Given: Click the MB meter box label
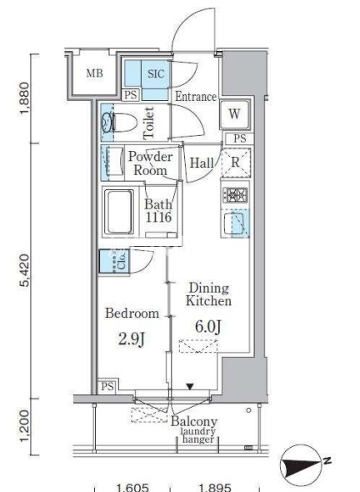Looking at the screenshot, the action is [x=94, y=73].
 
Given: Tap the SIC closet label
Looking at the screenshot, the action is [x=156, y=73].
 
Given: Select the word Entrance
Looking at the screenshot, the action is [x=196, y=97].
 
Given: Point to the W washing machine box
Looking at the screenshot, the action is [x=234, y=114].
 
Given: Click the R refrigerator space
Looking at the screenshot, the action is [x=236, y=163].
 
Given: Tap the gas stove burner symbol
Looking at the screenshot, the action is [x=235, y=195].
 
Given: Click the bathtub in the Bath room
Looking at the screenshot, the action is [x=118, y=211].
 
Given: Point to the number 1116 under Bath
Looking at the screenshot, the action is [x=158, y=217].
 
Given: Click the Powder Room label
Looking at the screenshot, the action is [x=151, y=163].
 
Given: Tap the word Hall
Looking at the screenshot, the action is [x=202, y=163].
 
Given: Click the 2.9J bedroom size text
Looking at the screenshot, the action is [x=132, y=339].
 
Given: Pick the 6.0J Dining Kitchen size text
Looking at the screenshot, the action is [x=208, y=327].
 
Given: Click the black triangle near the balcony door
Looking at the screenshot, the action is [x=190, y=386].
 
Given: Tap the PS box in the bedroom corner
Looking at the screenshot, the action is [x=107, y=386].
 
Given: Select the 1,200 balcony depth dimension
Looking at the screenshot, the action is [x=25, y=426].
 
